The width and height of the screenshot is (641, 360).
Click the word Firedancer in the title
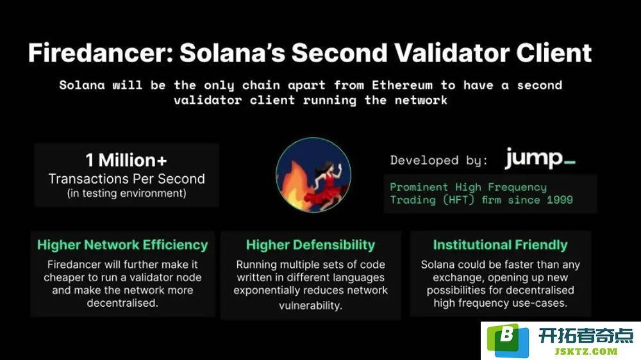[101, 53]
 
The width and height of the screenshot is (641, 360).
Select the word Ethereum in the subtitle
[402, 85]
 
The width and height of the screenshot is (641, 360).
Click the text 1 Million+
[126, 160]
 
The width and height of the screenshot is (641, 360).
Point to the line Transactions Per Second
[127, 179]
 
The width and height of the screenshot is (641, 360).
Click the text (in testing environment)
[127, 193]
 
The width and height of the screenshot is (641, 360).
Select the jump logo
[540, 159]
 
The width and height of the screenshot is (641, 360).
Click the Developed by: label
[438, 160]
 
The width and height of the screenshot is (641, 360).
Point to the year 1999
[560, 200]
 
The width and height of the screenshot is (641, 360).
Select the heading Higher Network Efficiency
[122, 245]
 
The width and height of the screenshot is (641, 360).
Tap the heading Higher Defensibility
[310, 245]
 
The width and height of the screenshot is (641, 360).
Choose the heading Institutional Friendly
[501, 245]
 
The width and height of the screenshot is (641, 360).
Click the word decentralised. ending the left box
[122, 303]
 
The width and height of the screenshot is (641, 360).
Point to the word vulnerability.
[311, 306]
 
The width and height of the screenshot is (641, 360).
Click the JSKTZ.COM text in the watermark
[586, 352]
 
